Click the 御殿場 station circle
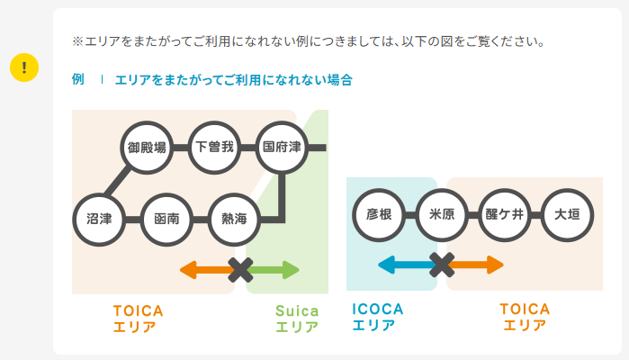point(146,147)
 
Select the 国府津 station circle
point(283,147)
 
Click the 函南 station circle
point(166,218)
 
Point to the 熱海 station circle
point(234,218)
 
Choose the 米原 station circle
point(442,214)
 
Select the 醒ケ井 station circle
point(504,214)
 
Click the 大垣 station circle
point(567,214)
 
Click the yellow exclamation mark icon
point(23,67)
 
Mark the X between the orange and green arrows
point(240,269)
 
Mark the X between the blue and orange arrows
point(442,265)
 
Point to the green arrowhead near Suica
point(290,269)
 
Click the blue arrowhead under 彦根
point(387,265)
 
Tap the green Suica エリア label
point(297,319)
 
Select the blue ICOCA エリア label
point(378,318)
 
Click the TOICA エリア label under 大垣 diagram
point(525,318)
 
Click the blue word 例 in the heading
point(77,80)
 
